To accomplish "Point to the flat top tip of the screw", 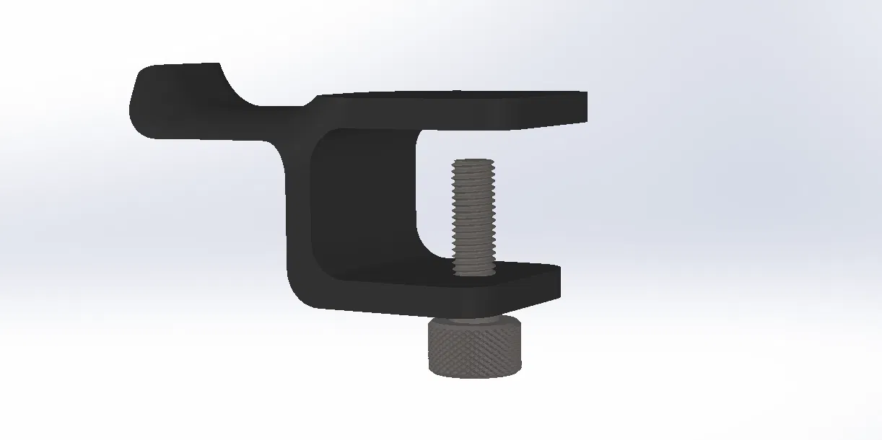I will (x=473, y=162).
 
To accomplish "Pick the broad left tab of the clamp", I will (x=180, y=101).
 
